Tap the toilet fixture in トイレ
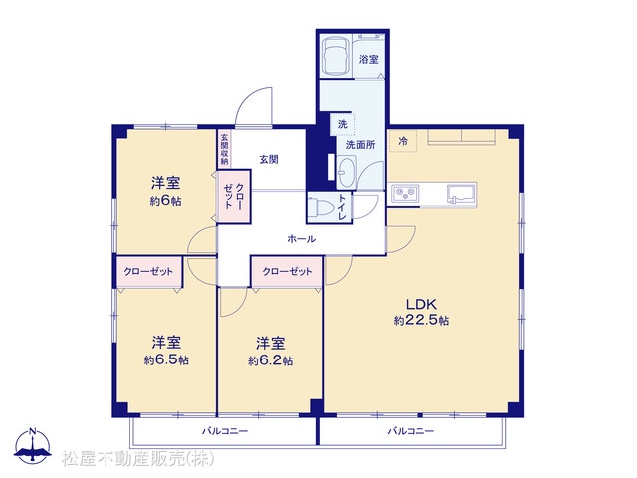coord(318,207)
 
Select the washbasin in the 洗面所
coord(347,172)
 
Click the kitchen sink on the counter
coord(461,194)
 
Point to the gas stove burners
coord(405,194)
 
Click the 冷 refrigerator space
coord(403,141)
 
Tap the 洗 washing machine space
coord(342,123)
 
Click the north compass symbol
coord(33,445)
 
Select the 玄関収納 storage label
coord(224,148)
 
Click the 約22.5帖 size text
coord(421,321)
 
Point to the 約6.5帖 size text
coord(166,360)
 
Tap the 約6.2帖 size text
coord(270,360)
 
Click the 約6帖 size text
coord(166,201)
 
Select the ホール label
coord(301,239)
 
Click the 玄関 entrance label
coord(269,159)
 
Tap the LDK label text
coord(421,304)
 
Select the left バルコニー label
coord(225,431)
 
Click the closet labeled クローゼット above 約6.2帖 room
coord(287,271)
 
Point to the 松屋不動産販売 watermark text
coord(138,459)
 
